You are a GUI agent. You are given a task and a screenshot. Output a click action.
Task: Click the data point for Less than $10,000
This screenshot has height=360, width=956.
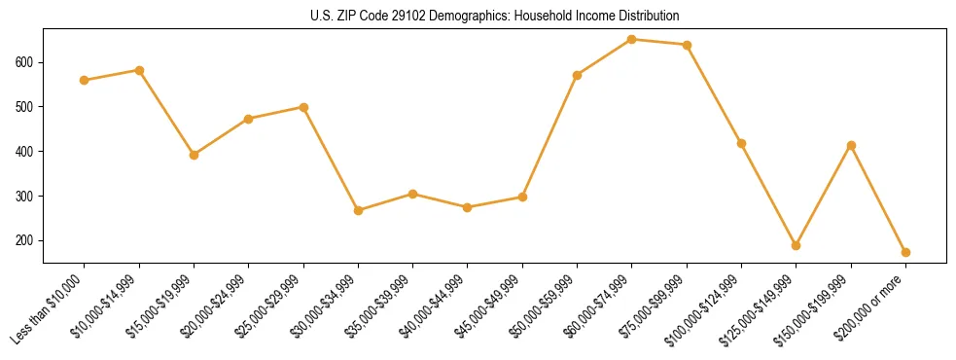coord(85,80)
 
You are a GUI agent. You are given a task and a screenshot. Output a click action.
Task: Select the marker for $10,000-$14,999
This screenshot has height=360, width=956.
coord(139,70)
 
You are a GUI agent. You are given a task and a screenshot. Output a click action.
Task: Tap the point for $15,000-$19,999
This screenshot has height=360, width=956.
coord(194,155)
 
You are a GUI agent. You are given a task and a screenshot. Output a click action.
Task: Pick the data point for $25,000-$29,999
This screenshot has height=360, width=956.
coord(303,107)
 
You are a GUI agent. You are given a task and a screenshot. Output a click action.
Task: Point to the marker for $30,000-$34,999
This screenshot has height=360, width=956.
coord(358,210)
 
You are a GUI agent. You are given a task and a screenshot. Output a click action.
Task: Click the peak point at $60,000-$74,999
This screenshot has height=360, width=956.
coord(632,40)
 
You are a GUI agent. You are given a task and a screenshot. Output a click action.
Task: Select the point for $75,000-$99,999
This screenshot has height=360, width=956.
coord(687,45)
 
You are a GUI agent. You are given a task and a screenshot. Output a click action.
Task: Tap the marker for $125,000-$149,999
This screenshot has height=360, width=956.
coord(797,245)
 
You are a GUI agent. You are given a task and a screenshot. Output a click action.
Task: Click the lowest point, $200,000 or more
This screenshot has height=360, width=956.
coord(905,252)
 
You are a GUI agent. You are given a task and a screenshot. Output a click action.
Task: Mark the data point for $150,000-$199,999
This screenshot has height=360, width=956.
coord(851,145)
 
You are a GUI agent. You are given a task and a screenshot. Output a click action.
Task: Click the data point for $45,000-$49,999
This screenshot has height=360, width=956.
coord(522,197)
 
